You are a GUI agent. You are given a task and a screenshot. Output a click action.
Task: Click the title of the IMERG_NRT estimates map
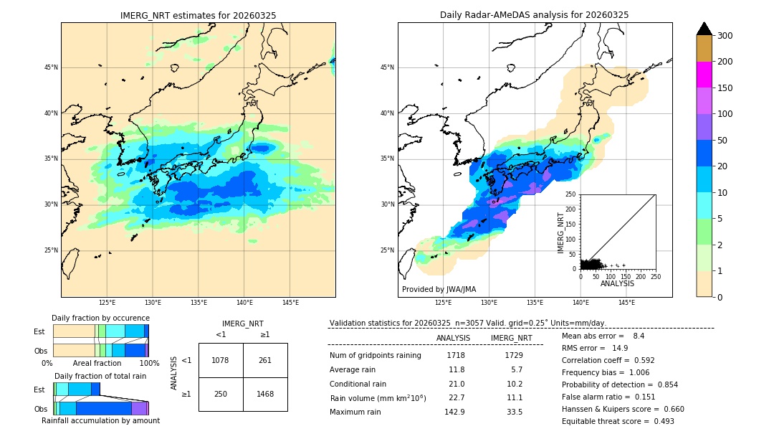198,15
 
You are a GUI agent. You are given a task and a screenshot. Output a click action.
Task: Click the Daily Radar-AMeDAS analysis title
534,15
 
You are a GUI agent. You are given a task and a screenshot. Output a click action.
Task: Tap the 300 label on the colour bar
725,36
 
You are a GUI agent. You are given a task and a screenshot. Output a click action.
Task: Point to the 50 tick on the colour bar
723,141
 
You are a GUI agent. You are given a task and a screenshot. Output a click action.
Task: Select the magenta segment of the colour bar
704,75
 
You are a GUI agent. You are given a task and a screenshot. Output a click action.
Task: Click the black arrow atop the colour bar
704,29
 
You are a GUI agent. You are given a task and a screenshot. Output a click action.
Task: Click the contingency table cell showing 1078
221,360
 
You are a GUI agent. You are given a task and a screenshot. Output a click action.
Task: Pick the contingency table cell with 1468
265,395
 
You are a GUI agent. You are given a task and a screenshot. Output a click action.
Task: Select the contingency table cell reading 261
265,360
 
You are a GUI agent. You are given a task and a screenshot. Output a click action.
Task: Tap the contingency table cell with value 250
221,395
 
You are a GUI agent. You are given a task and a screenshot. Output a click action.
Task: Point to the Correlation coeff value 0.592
639,360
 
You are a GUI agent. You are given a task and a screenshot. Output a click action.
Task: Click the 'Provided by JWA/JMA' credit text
439,290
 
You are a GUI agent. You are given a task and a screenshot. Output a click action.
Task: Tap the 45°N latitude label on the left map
51,67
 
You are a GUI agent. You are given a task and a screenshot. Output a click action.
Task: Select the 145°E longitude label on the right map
626,303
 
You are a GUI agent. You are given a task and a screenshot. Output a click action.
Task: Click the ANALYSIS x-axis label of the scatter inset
617,284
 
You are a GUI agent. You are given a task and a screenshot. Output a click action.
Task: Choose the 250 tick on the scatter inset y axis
571,194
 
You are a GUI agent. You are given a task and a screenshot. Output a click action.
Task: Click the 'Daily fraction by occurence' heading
100,318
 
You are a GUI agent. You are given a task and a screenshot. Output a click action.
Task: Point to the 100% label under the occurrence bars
149,363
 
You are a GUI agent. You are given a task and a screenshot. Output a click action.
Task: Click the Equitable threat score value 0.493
657,421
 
